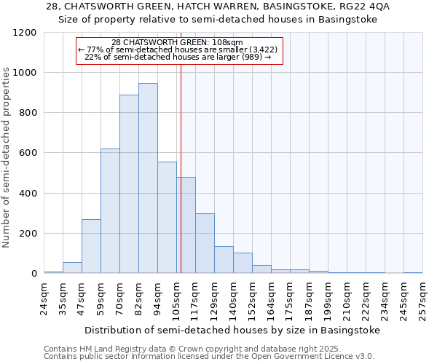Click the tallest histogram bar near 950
tap(148, 178)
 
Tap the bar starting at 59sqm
tap(110, 211)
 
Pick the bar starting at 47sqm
tap(91, 246)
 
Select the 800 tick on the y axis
tap(28, 113)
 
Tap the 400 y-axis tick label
tap(28, 194)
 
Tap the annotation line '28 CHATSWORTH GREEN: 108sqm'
tap(178, 43)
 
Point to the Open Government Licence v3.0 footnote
tap(209, 357)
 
